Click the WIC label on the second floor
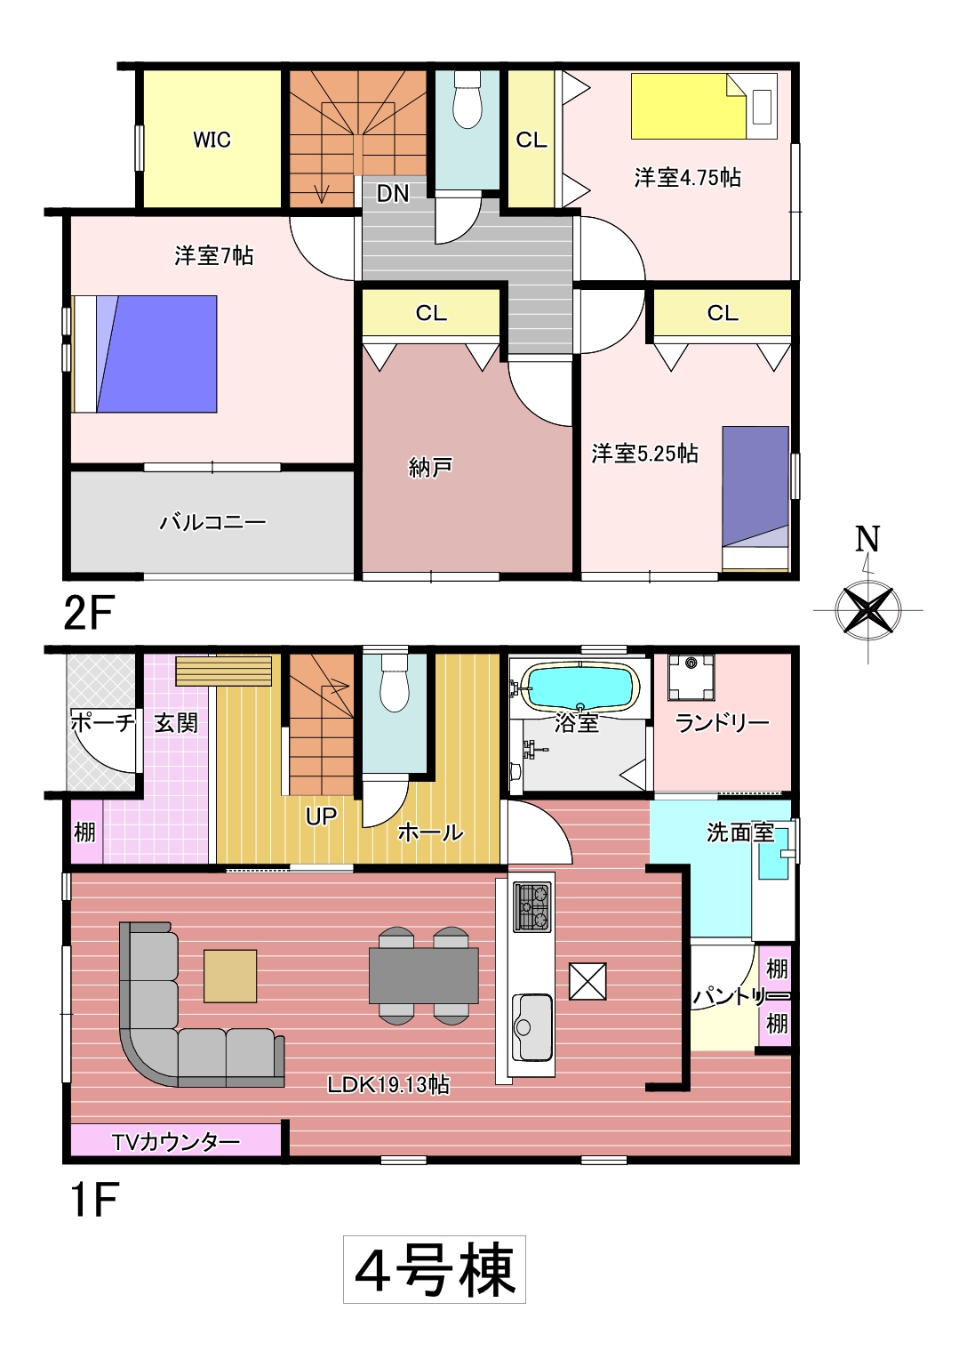pyautogui.click(x=212, y=140)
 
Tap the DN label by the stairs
pyautogui.click(x=393, y=194)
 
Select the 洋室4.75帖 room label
pyautogui.click(x=688, y=178)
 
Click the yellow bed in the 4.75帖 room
pyautogui.click(x=689, y=106)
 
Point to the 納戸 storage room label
pyautogui.click(x=430, y=467)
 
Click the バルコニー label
pyautogui.click(x=212, y=522)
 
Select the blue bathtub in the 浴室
pyautogui.click(x=580, y=687)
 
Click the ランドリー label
pyautogui.click(x=722, y=722)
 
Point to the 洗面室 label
pyautogui.click(x=740, y=833)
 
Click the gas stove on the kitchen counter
pyautogui.click(x=533, y=906)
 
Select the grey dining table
pyautogui.click(x=424, y=976)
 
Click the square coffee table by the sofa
pyautogui.click(x=230, y=976)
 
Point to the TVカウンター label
pyautogui.click(x=176, y=1142)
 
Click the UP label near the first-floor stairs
pyautogui.click(x=321, y=816)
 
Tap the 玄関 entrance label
pyautogui.click(x=176, y=722)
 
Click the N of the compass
pyautogui.click(x=867, y=539)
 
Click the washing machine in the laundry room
pyautogui.click(x=691, y=677)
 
